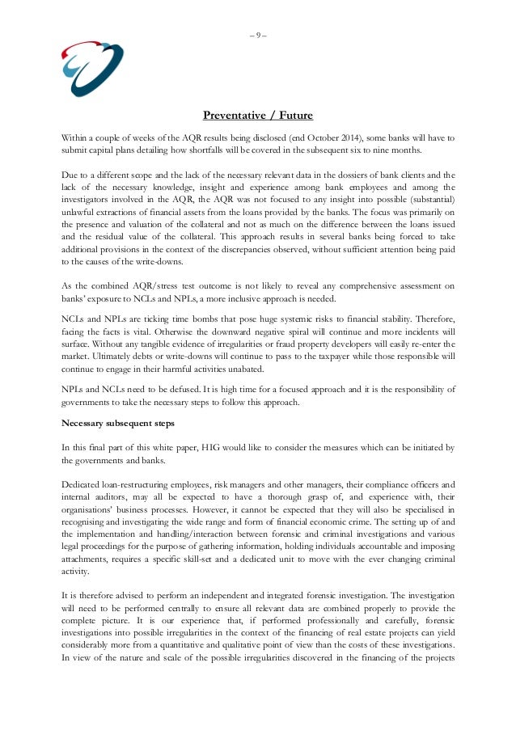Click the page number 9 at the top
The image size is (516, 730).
(258, 34)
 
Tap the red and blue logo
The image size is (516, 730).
(92, 67)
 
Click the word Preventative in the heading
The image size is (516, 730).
(234, 114)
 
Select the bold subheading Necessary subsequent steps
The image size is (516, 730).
(115, 423)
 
